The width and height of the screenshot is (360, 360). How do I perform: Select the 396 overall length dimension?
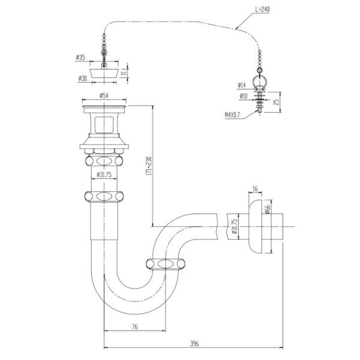coord(194,343)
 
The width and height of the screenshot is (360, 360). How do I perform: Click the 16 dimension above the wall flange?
coord(254,190)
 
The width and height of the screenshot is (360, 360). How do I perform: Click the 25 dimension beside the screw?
coord(275,102)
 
